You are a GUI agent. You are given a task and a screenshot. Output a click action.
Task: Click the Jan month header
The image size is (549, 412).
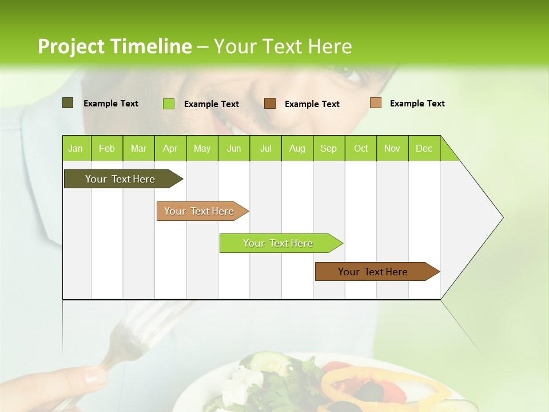click(75, 148)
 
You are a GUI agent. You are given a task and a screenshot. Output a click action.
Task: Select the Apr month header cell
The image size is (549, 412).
click(170, 148)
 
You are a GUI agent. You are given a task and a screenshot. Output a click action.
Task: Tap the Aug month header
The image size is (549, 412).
click(297, 148)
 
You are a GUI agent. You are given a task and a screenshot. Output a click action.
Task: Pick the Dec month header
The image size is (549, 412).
click(424, 148)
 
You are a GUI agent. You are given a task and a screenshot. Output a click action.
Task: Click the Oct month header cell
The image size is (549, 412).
click(360, 148)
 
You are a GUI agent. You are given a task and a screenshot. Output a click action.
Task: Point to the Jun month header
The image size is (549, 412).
click(233, 148)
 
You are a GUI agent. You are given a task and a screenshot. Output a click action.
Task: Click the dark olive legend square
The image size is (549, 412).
click(67, 103)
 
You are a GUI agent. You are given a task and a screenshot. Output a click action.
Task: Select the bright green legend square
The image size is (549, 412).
click(168, 104)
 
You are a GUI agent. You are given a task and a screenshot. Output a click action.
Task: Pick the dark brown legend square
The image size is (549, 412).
click(270, 104)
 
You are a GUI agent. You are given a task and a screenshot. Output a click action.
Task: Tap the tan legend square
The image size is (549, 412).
click(375, 103)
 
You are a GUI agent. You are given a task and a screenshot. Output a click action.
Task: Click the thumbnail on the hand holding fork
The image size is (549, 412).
click(94, 377)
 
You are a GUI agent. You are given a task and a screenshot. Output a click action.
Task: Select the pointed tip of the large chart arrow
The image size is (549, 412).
click(502, 217)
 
